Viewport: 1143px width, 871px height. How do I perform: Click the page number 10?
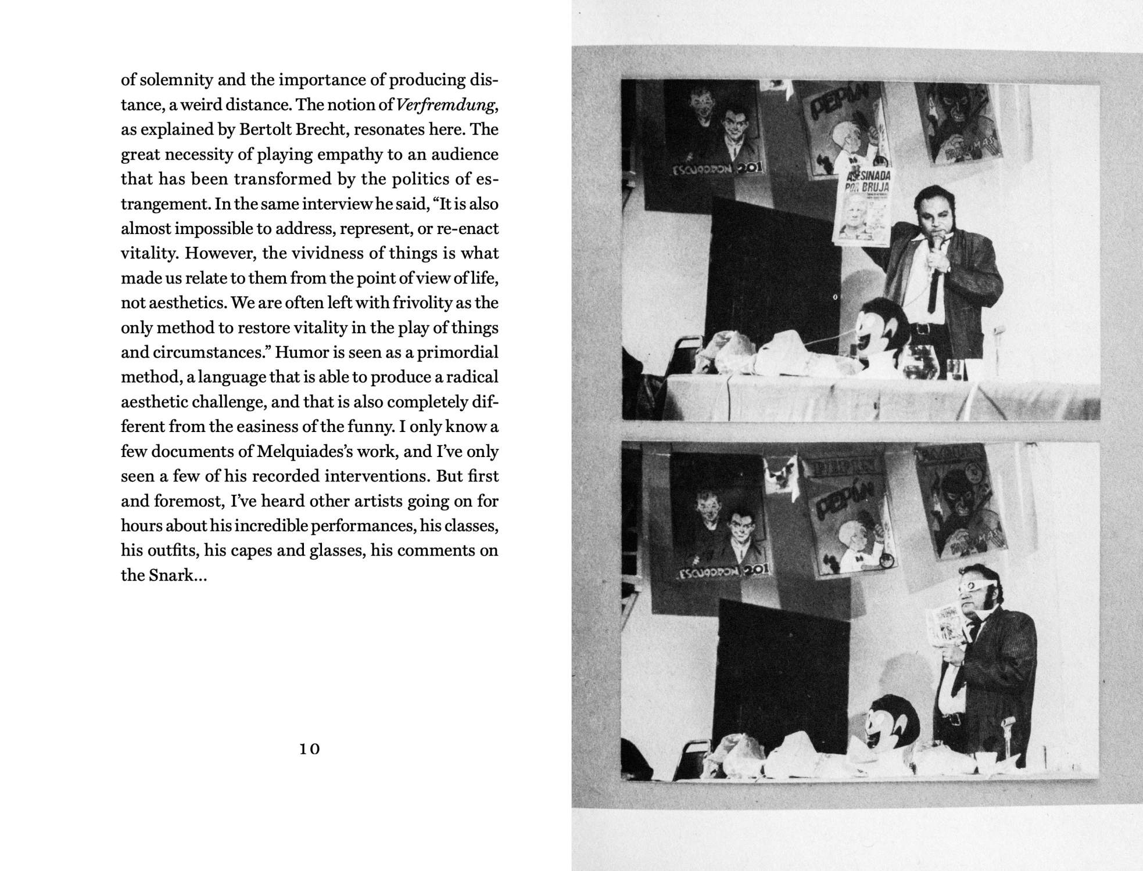310,749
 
